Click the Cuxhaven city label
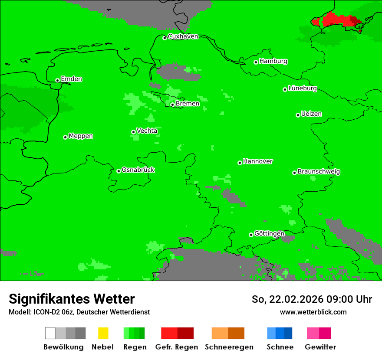[x=183, y=36]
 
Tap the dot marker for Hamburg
[x=256, y=62]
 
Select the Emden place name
[x=71, y=79]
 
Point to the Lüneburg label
[x=302, y=88]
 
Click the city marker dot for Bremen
[x=172, y=105]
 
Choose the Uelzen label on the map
[x=311, y=114]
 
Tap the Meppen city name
[x=81, y=136]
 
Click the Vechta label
[x=147, y=131]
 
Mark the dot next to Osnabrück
[x=119, y=171]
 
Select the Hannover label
[x=257, y=161]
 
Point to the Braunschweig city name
[x=319, y=172]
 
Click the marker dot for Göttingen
[x=251, y=235]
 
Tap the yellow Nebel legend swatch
[x=103, y=333]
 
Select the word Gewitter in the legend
[x=320, y=347]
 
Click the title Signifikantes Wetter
[x=72, y=299]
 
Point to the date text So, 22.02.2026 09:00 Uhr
[x=312, y=299]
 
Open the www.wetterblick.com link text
[x=313, y=312]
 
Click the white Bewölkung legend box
[x=50, y=333]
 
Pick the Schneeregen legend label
[x=229, y=347]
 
